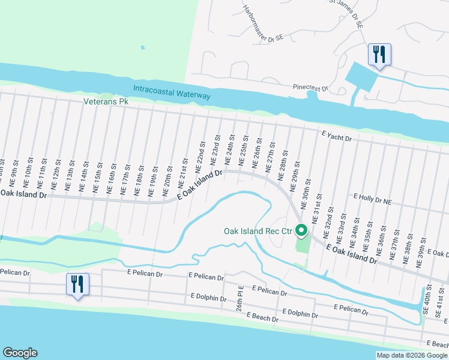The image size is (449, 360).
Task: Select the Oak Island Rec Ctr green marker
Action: pos(301,230)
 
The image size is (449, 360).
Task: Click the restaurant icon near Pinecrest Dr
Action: pos(379,54)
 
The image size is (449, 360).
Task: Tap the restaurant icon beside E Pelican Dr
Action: pos(77,284)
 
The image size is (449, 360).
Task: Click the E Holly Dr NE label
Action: pos(372,196)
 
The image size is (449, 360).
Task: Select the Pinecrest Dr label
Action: pos(310,88)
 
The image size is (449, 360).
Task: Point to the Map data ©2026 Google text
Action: pos(411,355)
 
